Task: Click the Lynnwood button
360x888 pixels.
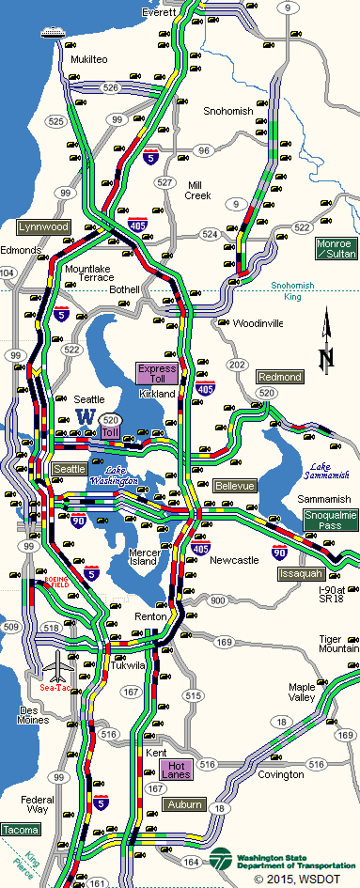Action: (x=43, y=227)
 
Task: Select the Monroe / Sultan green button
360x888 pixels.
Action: (x=336, y=249)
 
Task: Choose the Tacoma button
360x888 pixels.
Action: (x=21, y=830)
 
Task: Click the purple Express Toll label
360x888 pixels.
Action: (x=156, y=374)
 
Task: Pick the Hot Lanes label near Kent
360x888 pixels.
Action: (x=177, y=769)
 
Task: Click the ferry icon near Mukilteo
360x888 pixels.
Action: (x=53, y=34)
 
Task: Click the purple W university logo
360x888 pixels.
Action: (x=86, y=415)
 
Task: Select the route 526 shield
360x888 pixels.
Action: (x=111, y=87)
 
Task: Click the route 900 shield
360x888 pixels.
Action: (x=218, y=600)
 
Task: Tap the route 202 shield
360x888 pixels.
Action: (x=238, y=365)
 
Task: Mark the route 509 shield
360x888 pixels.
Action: (x=11, y=626)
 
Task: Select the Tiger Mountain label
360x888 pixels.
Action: (x=338, y=644)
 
